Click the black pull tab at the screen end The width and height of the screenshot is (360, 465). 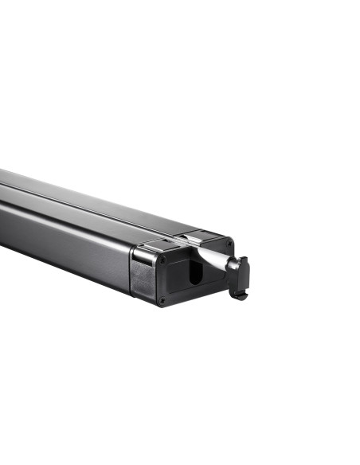pos(241,276)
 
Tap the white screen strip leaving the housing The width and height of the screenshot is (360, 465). pos(205,253)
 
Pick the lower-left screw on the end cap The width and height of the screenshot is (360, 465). pos(162,300)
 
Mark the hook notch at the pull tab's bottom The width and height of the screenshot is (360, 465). pos(237,295)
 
